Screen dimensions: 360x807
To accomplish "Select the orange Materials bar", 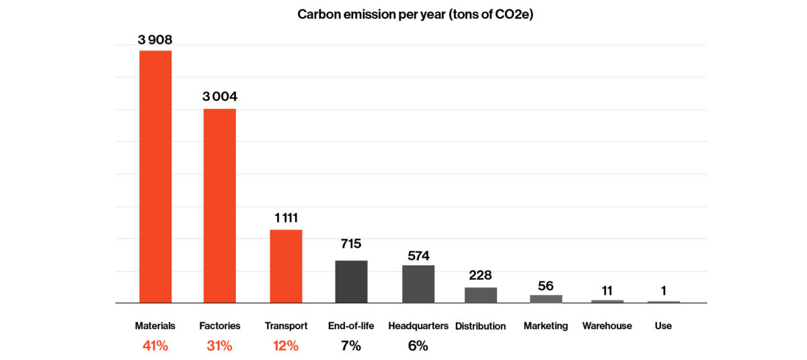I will pyautogui.click(x=155, y=176).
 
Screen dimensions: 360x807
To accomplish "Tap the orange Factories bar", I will pyautogui.click(x=220, y=205).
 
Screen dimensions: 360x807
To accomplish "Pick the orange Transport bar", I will pyautogui.click(x=286, y=266).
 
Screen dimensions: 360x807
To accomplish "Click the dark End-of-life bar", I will pyautogui.click(x=351, y=281).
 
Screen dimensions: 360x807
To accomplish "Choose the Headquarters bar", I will pyautogui.click(x=418, y=284).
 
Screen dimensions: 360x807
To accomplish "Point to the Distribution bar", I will pyautogui.click(x=481, y=295).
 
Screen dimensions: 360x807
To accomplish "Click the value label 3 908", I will pyautogui.click(x=155, y=40).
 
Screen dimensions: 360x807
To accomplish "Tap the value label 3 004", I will pyautogui.click(x=220, y=97).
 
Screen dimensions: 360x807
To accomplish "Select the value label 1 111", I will pyautogui.click(x=286, y=218).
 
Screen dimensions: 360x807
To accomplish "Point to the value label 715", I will pyautogui.click(x=351, y=244).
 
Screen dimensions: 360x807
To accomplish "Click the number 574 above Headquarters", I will pyautogui.click(x=418, y=256).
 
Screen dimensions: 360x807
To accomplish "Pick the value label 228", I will pyautogui.click(x=481, y=275).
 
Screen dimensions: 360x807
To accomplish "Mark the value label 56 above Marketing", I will pyautogui.click(x=546, y=286).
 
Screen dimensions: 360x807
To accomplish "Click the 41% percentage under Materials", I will pyautogui.click(x=155, y=347).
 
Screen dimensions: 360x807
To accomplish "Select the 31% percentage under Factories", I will pyautogui.click(x=220, y=347).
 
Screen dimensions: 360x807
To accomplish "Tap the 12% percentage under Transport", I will pyautogui.click(x=286, y=347).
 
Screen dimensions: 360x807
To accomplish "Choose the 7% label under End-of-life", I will pyautogui.click(x=351, y=347).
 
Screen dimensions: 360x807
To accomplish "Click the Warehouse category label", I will pyautogui.click(x=607, y=326).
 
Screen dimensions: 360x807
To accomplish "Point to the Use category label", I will pyautogui.click(x=663, y=326).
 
